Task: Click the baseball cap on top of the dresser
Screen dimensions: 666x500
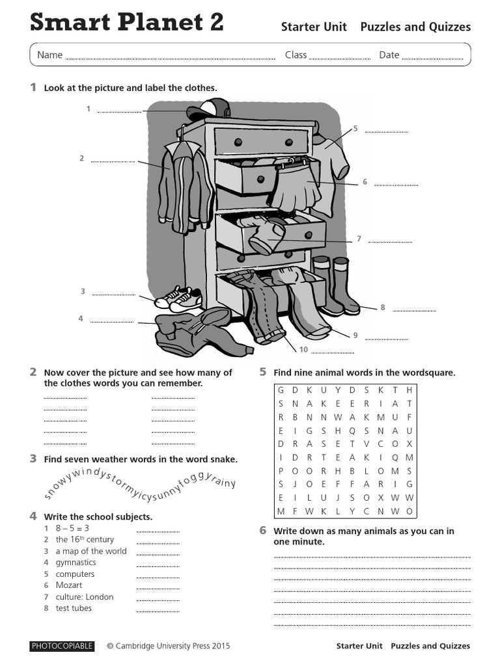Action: pyautogui.click(x=208, y=109)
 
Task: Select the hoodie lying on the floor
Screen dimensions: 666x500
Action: pyautogui.click(x=199, y=332)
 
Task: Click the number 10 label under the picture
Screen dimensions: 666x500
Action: pyautogui.click(x=303, y=350)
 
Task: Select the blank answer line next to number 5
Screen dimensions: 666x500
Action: pyautogui.click(x=386, y=132)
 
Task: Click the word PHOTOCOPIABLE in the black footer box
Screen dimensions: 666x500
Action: pyautogui.click(x=62, y=646)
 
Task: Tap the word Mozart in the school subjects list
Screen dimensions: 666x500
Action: pyautogui.click(x=69, y=585)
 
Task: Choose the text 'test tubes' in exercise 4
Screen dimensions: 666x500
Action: pyautogui.click(x=74, y=608)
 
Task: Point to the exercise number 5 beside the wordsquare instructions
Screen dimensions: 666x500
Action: pyautogui.click(x=263, y=372)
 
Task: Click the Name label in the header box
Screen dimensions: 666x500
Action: pyautogui.click(x=49, y=55)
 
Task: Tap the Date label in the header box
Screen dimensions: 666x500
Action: pyautogui.click(x=389, y=55)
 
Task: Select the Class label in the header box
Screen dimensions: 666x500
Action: pyautogui.click(x=296, y=55)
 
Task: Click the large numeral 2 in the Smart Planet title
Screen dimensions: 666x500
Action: pyautogui.click(x=213, y=22)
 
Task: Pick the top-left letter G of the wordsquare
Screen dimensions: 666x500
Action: pyautogui.click(x=281, y=390)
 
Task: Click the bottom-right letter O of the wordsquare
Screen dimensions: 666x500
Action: pyautogui.click(x=410, y=511)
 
